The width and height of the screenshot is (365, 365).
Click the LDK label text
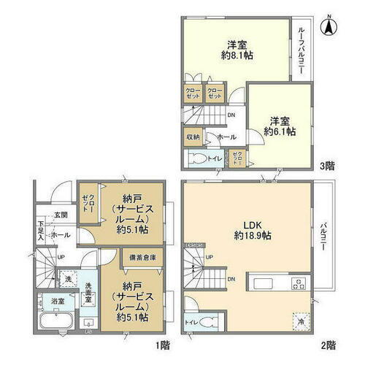(x=252, y=226)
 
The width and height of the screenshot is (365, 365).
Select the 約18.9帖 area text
(x=252, y=237)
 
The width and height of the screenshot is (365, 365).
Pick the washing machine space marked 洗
(x=66, y=279)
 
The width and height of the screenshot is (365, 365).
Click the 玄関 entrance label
(x=60, y=215)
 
